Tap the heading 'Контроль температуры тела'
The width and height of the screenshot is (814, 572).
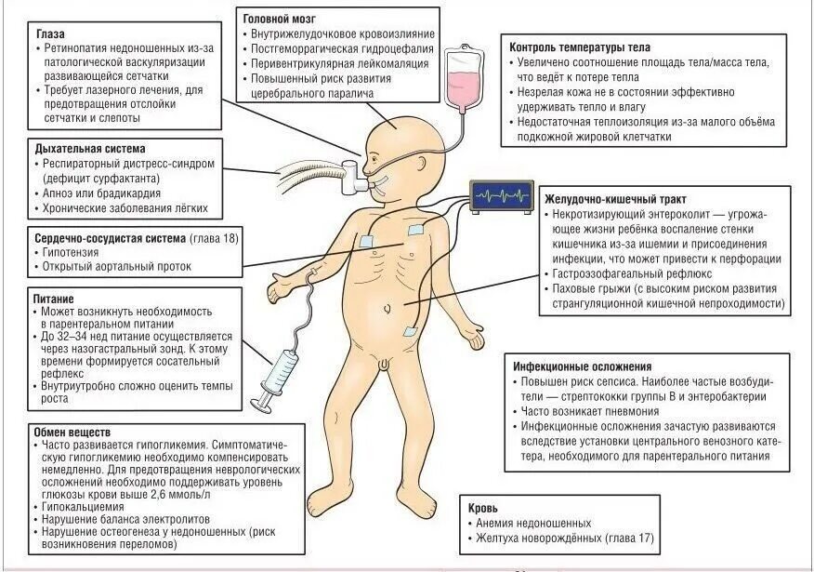click(580, 47)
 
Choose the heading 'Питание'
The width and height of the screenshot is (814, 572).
click(55, 300)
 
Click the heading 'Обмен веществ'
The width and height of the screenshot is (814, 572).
click(72, 432)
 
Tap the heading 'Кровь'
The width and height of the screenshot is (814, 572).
click(485, 508)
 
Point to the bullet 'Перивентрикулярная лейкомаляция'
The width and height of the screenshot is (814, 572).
click(339, 63)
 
